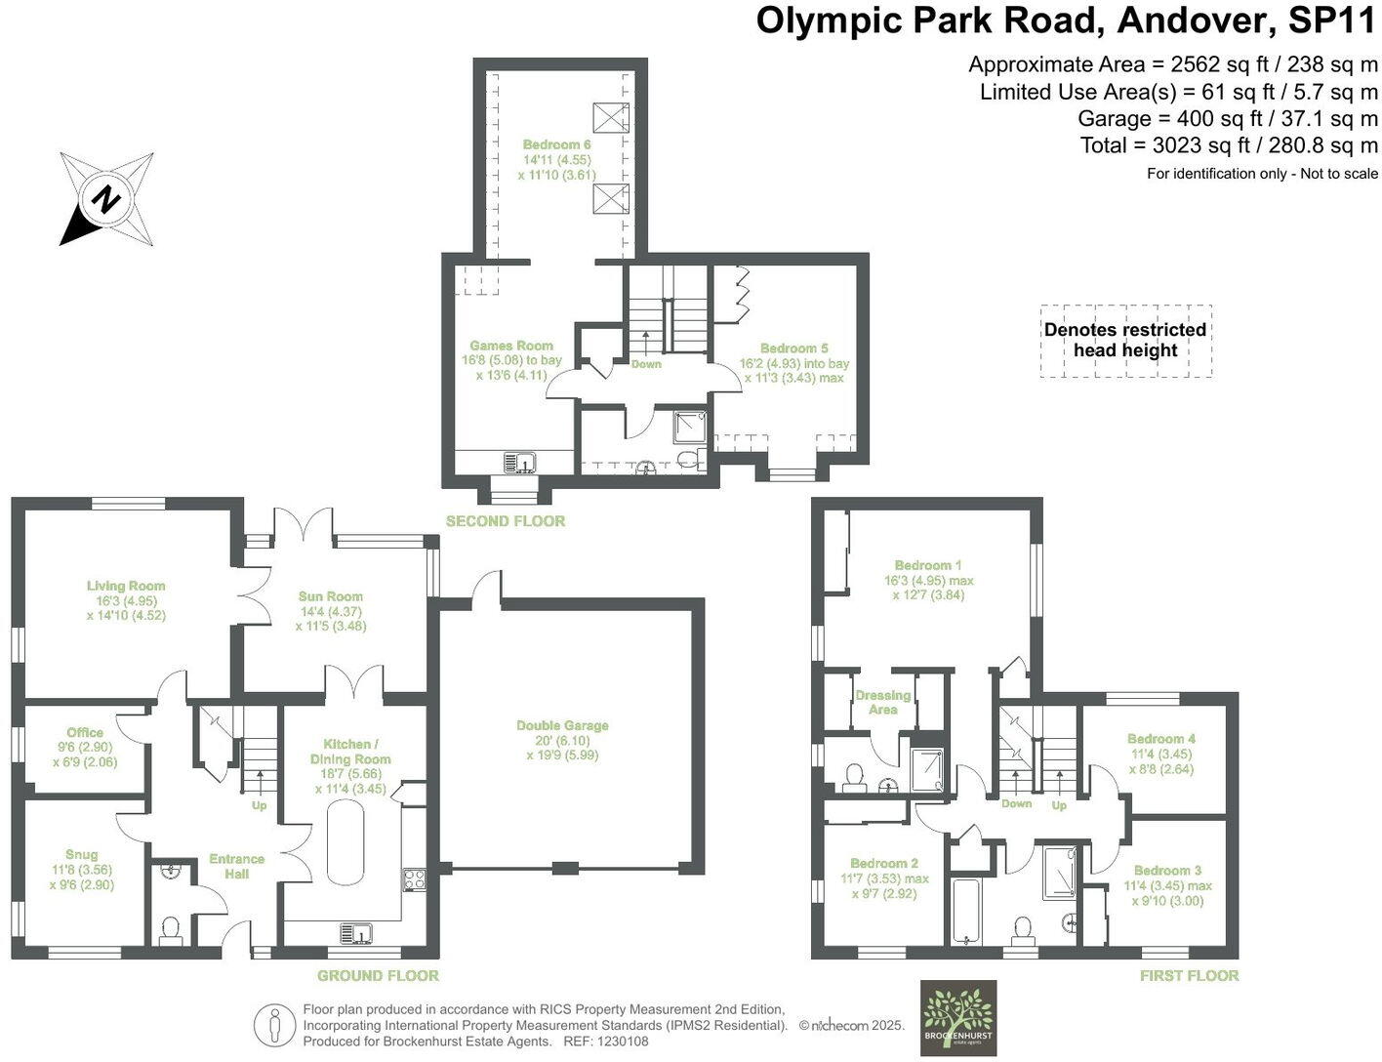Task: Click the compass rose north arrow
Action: (105, 199)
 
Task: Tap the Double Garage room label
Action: (562, 725)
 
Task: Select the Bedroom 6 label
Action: (556, 144)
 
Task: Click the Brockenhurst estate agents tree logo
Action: (958, 1017)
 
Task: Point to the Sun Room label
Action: (331, 596)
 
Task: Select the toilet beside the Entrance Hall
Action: (171, 929)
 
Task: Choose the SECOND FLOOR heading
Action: (506, 521)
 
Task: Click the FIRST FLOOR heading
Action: (1189, 975)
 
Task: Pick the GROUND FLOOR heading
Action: (378, 975)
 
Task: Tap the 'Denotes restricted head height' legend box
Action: (1125, 340)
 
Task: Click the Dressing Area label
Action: (882, 702)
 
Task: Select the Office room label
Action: (85, 733)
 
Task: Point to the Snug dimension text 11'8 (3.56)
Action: (82, 870)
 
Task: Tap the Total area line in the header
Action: (1229, 145)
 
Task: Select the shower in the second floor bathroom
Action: (691, 428)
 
